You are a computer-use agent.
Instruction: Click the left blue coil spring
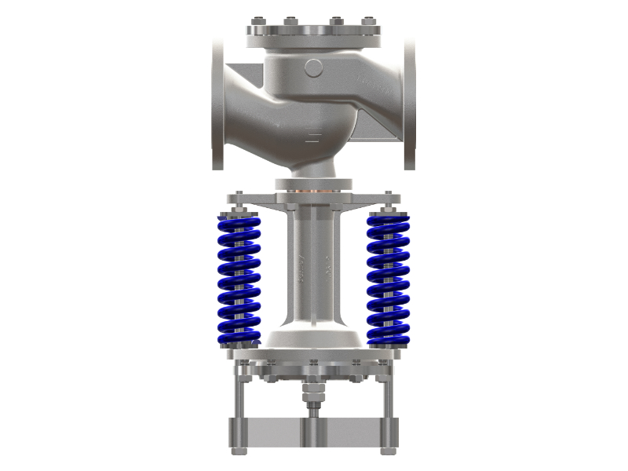239,279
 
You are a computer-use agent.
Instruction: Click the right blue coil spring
389,279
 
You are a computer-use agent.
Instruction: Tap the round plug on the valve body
313,68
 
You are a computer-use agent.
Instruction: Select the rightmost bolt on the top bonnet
367,20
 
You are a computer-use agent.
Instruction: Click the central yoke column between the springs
314,267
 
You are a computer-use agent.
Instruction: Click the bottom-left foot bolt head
239,451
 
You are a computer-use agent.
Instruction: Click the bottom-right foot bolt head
389,451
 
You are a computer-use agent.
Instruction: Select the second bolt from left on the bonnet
291,20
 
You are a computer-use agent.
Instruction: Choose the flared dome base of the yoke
314,339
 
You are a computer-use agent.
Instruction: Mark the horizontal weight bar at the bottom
314,432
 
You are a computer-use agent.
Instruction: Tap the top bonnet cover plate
314,33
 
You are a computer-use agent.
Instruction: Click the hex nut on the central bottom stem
314,389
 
